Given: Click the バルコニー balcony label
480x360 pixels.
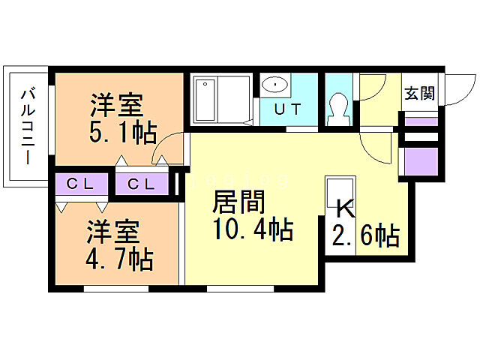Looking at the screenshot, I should click(27, 127).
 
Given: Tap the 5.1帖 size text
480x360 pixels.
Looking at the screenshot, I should click(124, 133).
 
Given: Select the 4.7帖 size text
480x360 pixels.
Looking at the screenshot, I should click(119, 259).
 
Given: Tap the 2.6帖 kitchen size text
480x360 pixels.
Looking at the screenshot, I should click(364, 236).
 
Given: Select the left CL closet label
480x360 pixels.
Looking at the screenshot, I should click(79, 184).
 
